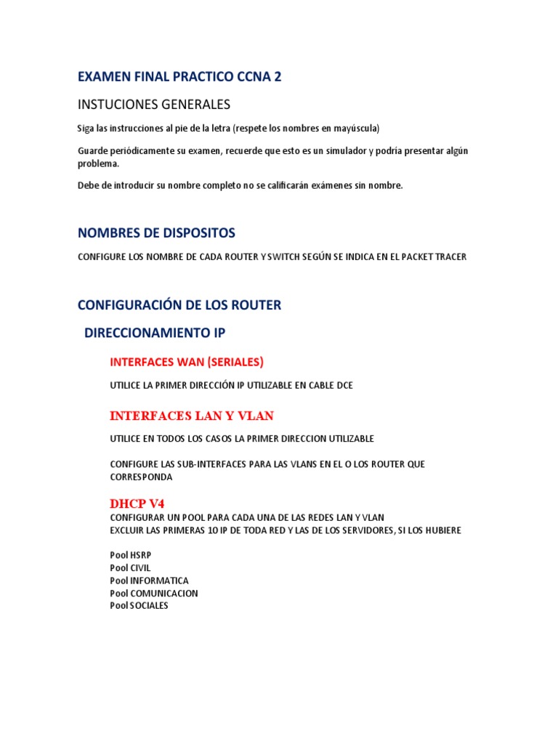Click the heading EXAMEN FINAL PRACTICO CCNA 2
pyautogui.click(x=179, y=77)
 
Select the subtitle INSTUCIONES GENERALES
pyautogui.click(x=154, y=104)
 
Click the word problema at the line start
pyautogui.click(x=97, y=163)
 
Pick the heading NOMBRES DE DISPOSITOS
pyautogui.click(x=156, y=233)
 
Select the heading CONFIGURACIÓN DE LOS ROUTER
pyautogui.click(x=179, y=305)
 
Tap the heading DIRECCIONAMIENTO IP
pyautogui.click(x=155, y=333)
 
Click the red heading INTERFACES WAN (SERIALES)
pyautogui.click(x=186, y=362)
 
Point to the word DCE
pyautogui.click(x=343, y=385)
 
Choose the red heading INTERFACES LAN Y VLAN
pyautogui.click(x=191, y=416)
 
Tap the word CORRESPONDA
pyautogui.click(x=141, y=477)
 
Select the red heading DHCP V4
pyautogui.click(x=138, y=503)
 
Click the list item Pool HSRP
pyautogui.click(x=131, y=555)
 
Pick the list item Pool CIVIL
pyautogui.click(x=130, y=567)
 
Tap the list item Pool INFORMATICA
pyautogui.click(x=149, y=581)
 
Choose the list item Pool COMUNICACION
pyautogui.click(x=153, y=593)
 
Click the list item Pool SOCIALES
pyautogui.click(x=139, y=605)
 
